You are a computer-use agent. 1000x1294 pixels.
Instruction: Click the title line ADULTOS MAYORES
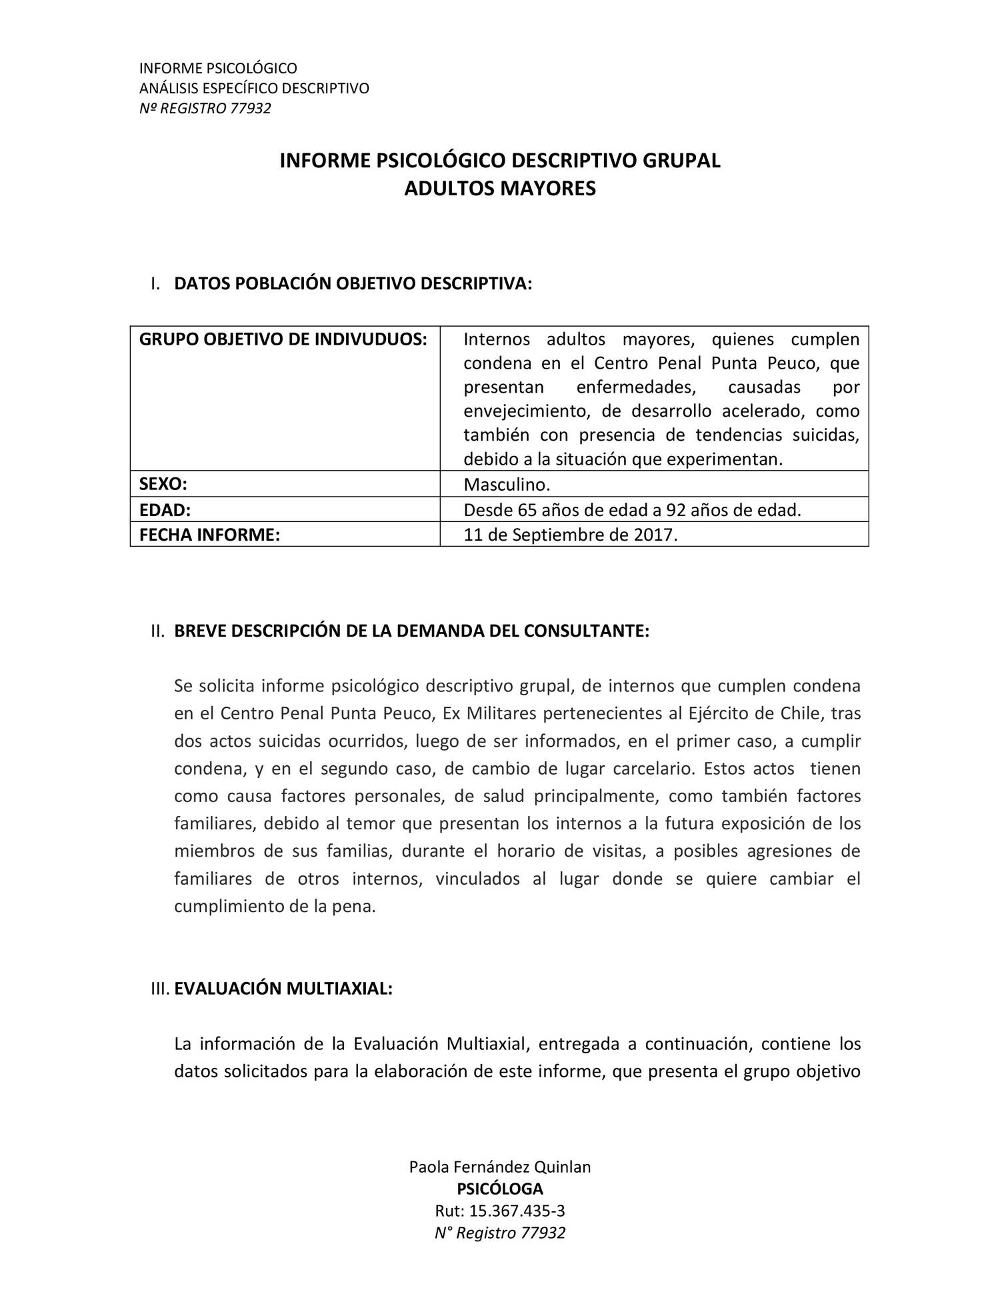click(x=499, y=189)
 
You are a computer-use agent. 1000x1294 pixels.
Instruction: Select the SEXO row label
click(x=163, y=484)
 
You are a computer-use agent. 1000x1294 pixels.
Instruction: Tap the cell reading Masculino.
click(x=507, y=484)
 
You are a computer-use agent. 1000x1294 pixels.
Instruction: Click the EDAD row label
click(x=165, y=510)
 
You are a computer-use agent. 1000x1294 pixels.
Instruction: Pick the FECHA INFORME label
click(x=209, y=535)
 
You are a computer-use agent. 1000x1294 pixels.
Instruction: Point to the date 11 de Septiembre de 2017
click(x=570, y=535)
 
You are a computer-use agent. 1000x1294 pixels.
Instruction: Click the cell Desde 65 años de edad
click(x=631, y=510)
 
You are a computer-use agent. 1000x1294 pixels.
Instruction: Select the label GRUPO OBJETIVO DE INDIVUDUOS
click(x=283, y=339)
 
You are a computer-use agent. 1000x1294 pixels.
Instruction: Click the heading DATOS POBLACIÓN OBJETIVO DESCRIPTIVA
click(x=353, y=283)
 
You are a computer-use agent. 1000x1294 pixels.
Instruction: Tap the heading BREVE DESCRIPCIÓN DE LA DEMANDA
click(x=411, y=631)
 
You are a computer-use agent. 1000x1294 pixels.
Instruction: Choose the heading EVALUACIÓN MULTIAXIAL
click(x=283, y=988)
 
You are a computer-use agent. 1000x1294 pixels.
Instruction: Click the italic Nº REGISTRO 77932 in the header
click(x=205, y=108)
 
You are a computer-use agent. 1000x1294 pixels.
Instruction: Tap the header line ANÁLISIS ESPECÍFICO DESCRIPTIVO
click(x=253, y=88)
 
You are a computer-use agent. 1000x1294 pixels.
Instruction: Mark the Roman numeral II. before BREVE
click(x=157, y=631)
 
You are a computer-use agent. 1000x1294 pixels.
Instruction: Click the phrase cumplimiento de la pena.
click(x=275, y=907)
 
